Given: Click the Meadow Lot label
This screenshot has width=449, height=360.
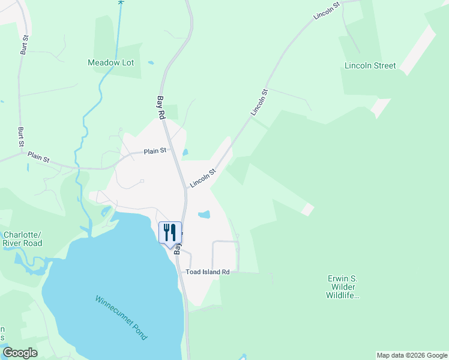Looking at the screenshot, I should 110,62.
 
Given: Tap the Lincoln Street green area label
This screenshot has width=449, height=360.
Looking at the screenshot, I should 370,65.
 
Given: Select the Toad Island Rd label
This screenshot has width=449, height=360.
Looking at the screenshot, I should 208,272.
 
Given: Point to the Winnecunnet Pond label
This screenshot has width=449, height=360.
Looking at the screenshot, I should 121,317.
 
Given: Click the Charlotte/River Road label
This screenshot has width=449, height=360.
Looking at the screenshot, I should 23,239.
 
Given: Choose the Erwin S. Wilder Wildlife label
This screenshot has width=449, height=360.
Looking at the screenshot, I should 342,287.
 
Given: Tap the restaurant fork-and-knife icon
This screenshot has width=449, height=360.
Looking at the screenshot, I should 170,232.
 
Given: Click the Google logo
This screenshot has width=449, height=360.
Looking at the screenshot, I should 20,353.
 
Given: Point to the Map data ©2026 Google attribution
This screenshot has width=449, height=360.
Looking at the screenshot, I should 412,355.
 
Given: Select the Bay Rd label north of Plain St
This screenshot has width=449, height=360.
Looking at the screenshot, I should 161,107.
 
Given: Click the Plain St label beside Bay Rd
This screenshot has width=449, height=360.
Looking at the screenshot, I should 155,151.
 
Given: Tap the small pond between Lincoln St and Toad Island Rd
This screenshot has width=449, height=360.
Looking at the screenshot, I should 204,214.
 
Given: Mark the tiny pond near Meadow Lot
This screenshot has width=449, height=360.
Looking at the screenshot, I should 150,62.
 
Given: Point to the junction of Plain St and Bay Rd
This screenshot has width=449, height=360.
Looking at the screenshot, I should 170,150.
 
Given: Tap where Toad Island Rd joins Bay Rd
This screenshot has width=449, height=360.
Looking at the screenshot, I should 182,272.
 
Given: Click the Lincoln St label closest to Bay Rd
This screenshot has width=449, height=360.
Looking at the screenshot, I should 202,178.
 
